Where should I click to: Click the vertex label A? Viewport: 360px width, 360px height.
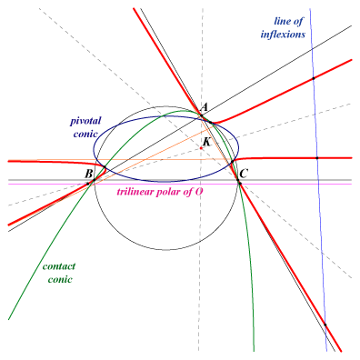point(205,106)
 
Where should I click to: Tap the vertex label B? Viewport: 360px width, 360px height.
point(88,174)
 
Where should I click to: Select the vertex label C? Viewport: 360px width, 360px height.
point(245,174)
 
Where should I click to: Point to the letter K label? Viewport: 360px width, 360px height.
point(206,142)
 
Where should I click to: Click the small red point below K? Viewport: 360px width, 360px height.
point(201,148)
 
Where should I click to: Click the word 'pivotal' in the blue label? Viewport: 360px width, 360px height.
point(85,121)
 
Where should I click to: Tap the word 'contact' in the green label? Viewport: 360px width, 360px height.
point(59,266)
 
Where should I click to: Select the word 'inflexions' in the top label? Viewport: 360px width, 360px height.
point(283,35)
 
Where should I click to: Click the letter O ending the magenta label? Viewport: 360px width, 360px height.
point(198,192)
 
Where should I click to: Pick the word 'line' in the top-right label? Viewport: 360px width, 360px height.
point(282,21)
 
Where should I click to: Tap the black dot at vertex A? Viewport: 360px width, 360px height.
point(201,115)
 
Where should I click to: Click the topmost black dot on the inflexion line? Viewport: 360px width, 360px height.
point(314,78)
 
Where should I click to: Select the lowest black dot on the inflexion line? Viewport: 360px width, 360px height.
point(325,325)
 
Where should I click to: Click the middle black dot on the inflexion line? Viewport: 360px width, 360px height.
point(317,158)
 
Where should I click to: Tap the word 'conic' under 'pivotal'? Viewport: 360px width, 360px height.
point(85,135)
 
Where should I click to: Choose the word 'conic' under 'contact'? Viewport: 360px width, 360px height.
point(60,279)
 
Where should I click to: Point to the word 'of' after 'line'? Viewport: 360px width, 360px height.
point(297,21)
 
